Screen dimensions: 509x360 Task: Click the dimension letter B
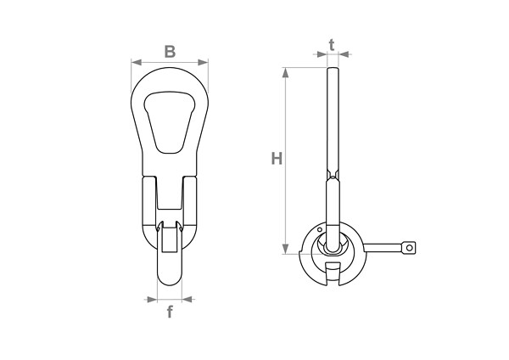(170, 52)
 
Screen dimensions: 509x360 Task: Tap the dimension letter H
(277, 159)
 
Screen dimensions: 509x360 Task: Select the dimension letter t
(332, 46)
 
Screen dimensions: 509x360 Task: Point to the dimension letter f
(170, 312)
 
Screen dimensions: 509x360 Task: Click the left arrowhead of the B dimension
(137, 62)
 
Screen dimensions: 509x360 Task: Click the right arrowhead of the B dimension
(203, 62)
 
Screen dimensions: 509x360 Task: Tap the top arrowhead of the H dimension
(285, 73)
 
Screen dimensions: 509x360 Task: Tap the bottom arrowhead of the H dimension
(285, 249)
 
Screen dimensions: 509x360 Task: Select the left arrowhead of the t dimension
(322, 54)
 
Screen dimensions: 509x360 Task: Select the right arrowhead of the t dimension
(344, 54)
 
